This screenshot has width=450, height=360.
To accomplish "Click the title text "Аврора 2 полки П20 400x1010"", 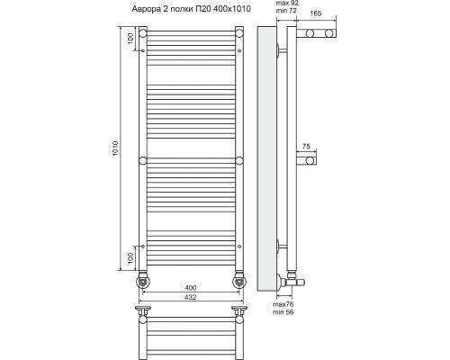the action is pos(192,9).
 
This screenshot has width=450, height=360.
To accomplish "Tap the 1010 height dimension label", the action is pos(115,148).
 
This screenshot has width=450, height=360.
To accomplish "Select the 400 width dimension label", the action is pos(191,288).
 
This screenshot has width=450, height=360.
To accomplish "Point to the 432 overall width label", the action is pos(191,297).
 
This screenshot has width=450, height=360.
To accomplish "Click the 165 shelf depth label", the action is pos(316,13).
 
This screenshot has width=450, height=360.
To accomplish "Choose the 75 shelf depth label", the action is pos(306,147).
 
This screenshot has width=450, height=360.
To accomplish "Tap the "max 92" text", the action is pos(287,4).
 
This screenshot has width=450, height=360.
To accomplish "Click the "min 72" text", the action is pos(286,11).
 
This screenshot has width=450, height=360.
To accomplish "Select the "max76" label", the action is pos(283,304).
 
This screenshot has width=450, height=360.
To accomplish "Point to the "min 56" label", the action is pos(283,312).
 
